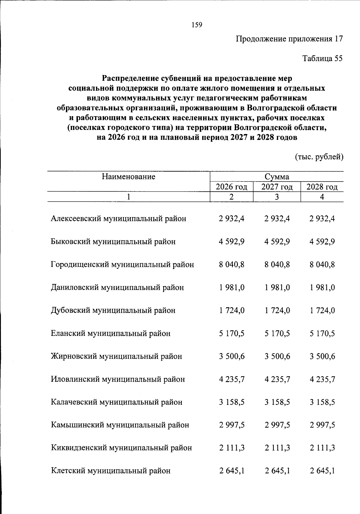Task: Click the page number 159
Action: tap(197, 25)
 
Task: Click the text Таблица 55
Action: tap(322, 58)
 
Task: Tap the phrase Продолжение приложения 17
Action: tap(289, 39)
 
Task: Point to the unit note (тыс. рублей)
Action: tap(319, 157)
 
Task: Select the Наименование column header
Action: tap(128, 177)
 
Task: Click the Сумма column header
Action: tap(277, 177)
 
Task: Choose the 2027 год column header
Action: tap(277, 187)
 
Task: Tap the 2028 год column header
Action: tap(322, 187)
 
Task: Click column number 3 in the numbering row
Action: tap(277, 197)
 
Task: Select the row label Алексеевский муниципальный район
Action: tap(118, 219)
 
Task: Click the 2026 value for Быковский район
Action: tap(232, 242)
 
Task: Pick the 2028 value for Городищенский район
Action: tap(322, 265)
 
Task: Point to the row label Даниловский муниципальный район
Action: tap(117, 288)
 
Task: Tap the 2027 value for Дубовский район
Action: tap(277, 310)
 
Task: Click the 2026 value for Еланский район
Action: tap(232, 333)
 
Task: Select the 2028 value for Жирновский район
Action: tap(322, 357)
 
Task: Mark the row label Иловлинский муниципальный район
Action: tap(118, 379)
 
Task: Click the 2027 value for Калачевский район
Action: tap(277, 402)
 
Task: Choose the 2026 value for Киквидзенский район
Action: tap(232, 448)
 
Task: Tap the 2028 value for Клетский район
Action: tap(322, 471)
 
